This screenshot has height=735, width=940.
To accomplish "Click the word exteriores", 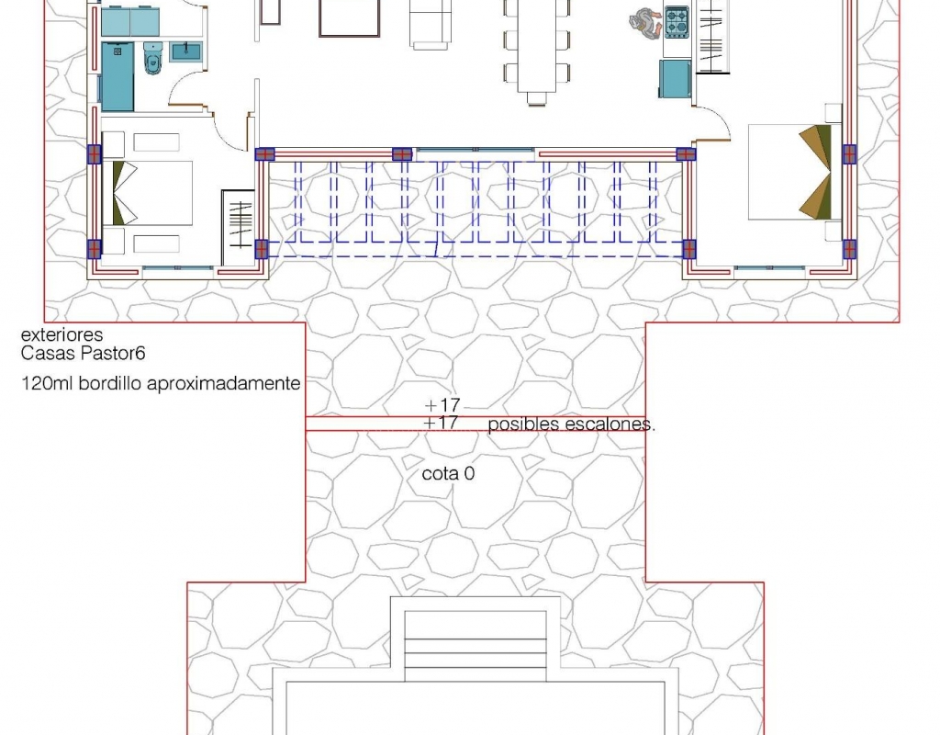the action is tap(62, 334).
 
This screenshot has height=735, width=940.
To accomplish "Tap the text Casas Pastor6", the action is tap(83, 353).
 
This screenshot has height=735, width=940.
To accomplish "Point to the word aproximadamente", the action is tap(224, 384).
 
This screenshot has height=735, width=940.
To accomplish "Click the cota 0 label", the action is tap(448, 473).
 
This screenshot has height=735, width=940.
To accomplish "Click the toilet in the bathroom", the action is tap(153, 58).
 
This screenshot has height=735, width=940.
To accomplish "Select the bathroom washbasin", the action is tap(186, 51).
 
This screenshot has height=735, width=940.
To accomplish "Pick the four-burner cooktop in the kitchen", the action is tap(677, 23).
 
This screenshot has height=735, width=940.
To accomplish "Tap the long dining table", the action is tap(536, 46).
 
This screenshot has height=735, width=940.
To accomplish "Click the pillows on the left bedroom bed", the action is tap(125, 193).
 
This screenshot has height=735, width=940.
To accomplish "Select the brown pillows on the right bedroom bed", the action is tap(816, 172).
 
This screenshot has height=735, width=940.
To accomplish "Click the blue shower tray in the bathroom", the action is tap(117, 77).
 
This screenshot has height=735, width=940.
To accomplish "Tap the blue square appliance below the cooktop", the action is tap(675, 79).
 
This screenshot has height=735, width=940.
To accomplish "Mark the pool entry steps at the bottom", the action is tap(476, 646).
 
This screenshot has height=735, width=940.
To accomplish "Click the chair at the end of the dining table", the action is tap(536, 98).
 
